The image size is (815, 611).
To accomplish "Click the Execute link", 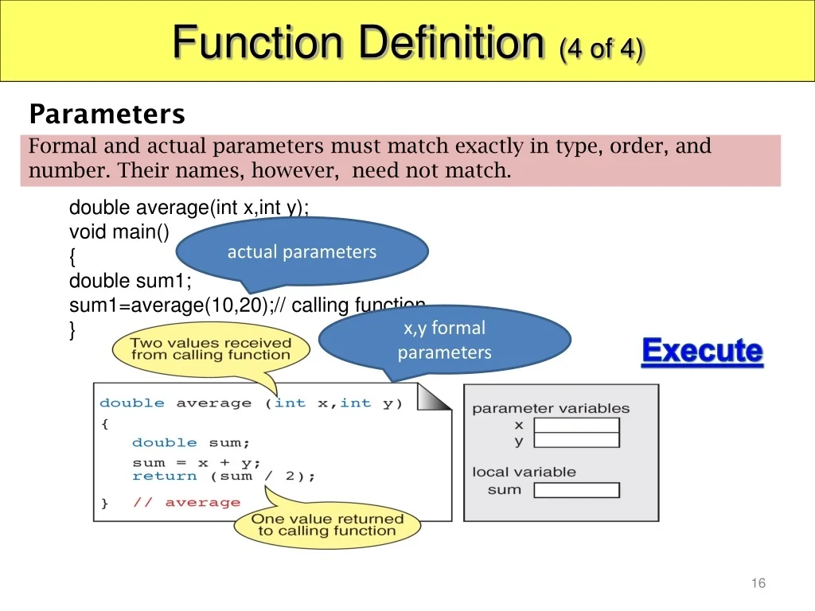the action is click(702, 351).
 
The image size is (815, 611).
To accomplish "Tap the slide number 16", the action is click(758, 583).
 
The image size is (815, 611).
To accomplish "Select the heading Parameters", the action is click(107, 114).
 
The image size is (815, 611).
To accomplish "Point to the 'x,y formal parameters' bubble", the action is click(444, 341).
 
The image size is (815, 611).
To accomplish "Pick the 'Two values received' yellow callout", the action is click(211, 349).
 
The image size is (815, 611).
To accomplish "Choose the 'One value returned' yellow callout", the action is click(327, 526).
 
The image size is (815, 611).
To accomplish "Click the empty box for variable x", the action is click(576, 426).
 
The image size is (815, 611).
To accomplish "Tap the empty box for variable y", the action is click(576, 441).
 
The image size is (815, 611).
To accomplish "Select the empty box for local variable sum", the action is click(576, 490).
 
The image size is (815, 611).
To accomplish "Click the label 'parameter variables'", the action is click(551, 408).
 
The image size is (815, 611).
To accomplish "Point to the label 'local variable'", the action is click(524, 472).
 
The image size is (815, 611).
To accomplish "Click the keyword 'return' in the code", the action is click(165, 476).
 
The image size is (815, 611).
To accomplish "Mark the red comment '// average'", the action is click(186, 503).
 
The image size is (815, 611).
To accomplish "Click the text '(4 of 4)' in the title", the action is click(602, 50).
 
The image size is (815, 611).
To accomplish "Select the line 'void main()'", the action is click(119, 232).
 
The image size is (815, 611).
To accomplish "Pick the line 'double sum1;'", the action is click(131, 281).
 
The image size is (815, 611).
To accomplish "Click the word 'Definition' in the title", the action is click(451, 42).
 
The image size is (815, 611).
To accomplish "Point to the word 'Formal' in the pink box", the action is click(63, 146).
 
